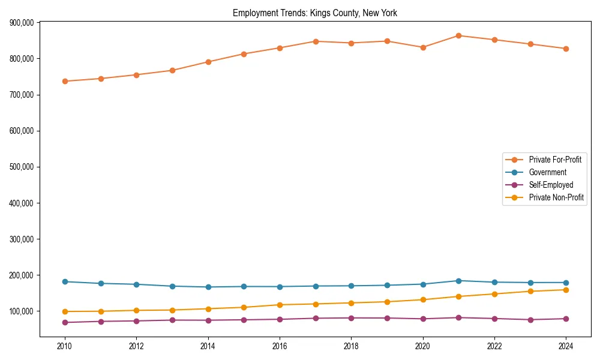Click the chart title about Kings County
tap(315, 13)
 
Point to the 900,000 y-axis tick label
tap(21, 23)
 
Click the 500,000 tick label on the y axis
tap(21, 167)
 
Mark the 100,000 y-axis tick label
tap(21, 311)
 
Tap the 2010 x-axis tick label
tap(65, 346)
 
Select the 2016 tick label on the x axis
tap(280, 346)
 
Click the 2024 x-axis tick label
tap(566, 346)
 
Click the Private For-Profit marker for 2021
tap(458, 35)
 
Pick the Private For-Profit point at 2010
tap(65, 81)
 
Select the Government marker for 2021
tap(458, 281)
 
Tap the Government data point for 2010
tap(65, 281)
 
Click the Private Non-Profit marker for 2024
tap(566, 290)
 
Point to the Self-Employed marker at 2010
tap(65, 322)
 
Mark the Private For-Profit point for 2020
tap(423, 47)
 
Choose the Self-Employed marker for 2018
tap(351, 318)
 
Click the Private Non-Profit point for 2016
tap(280, 305)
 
